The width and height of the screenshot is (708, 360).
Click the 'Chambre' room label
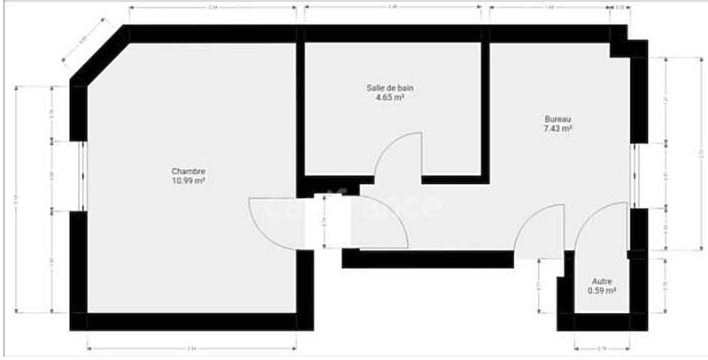click(189, 172)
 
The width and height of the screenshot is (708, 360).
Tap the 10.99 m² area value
click(189, 180)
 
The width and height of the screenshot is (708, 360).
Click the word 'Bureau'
click(558, 119)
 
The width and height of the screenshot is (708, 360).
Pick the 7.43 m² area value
click(558, 129)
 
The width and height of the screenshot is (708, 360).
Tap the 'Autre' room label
click(602, 280)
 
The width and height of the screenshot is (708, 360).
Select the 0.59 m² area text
click(602, 290)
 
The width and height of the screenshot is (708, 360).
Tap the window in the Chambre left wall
click(80, 177)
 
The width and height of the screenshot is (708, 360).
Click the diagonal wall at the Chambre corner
click(99, 55)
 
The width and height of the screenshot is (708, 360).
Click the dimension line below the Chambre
click(191, 347)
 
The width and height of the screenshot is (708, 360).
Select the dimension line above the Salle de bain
click(393, 8)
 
